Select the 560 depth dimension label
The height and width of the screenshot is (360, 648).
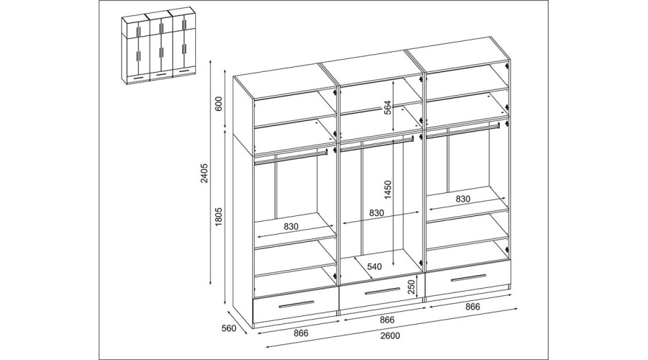tap(228, 328)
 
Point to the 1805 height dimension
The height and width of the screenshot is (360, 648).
tap(219, 216)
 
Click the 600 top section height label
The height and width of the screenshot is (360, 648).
tap(219, 104)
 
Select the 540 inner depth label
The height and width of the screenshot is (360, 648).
tap(374, 266)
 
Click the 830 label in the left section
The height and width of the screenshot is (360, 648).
tap(292, 227)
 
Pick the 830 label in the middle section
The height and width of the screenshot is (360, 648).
tap(377, 213)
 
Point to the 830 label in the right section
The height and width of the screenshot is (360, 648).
tap(463, 199)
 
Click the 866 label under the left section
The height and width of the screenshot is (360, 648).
tap(301, 333)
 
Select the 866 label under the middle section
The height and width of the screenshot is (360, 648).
tap(387, 320)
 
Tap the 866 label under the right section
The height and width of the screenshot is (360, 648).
tap(473, 307)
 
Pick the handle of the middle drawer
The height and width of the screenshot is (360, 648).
tap(382, 292)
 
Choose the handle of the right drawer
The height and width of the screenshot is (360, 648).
tap(468, 279)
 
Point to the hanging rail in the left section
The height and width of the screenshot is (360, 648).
tap(291, 157)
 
